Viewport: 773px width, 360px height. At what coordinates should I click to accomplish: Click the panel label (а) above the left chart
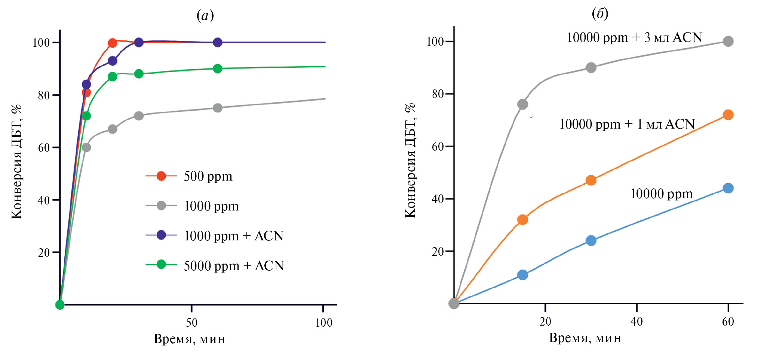[205, 16]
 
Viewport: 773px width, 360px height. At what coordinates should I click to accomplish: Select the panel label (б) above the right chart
[600, 14]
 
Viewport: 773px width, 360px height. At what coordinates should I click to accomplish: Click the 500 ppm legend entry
[208, 176]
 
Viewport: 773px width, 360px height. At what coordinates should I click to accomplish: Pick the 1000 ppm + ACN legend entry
[234, 236]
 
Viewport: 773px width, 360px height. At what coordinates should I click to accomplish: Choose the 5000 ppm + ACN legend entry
[234, 266]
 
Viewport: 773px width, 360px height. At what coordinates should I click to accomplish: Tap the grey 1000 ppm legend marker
[161, 206]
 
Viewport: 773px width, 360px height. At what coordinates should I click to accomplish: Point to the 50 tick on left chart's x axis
[191, 322]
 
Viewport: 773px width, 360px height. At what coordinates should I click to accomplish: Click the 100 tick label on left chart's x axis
[323, 322]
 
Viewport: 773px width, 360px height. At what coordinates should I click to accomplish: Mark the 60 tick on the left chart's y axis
[44, 148]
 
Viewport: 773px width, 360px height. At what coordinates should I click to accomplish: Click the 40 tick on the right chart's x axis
[637, 321]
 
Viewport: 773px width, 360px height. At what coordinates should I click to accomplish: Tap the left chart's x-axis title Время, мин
[190, 339]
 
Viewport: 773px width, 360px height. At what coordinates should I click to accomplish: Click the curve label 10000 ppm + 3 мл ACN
[634, 37]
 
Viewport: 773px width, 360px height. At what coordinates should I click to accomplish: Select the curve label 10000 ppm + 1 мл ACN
[627, 124]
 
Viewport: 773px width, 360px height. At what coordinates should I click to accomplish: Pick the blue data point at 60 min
[728, 188]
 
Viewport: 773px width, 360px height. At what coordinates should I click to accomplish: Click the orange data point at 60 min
[728, 115]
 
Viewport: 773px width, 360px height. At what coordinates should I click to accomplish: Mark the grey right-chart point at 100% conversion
[728, 41]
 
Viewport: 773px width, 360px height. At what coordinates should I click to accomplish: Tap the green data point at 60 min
[218, 69]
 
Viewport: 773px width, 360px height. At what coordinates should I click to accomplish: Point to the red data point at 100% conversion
[112, 43]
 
